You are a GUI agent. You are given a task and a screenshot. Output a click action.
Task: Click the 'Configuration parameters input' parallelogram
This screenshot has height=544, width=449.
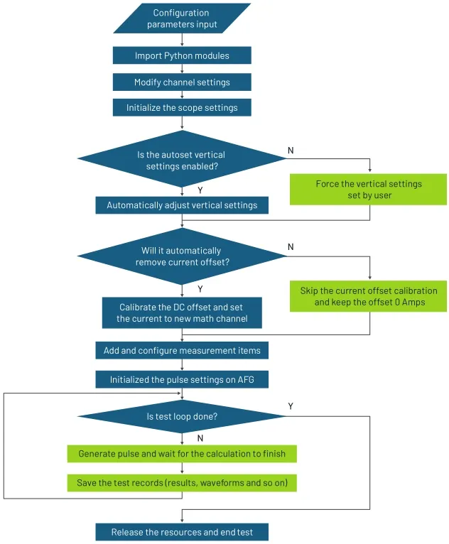(182, 18)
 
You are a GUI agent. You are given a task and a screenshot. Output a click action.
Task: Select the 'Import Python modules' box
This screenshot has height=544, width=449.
(182, 56)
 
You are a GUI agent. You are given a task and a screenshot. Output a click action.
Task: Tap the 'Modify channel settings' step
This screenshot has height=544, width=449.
(182, 82)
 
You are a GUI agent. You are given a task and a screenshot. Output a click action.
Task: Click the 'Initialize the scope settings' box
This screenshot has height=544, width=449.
(182, 108)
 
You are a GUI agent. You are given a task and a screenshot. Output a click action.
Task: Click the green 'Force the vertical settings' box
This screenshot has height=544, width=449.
(369, 189)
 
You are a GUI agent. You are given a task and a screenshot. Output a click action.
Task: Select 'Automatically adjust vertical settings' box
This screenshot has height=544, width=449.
(182, 205)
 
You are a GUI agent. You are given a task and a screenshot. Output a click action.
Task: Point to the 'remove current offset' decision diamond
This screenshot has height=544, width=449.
(182, 256)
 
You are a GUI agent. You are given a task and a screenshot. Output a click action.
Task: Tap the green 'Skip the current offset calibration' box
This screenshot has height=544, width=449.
(369, 297)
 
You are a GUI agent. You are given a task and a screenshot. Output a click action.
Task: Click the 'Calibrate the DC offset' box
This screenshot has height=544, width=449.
(182, 313)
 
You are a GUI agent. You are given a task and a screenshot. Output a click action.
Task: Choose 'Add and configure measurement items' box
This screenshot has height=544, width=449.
(182, 350)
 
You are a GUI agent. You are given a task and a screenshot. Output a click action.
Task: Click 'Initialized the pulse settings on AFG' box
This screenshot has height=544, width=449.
(182, 380)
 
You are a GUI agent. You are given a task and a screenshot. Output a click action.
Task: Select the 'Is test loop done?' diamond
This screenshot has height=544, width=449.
(182, 417)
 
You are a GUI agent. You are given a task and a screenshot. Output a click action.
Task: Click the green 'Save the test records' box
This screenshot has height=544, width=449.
(182, 483)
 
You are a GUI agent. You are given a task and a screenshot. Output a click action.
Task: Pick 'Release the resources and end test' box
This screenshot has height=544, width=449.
(182, 532)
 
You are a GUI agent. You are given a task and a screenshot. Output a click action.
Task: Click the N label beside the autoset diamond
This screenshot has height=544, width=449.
(290, 151)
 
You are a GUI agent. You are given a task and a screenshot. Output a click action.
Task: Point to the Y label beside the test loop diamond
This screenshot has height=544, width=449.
(290, 406)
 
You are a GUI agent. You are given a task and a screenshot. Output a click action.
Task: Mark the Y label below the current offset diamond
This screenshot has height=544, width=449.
(200, 289)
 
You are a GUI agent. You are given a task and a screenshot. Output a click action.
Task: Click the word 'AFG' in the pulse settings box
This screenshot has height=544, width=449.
(254, 380)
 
